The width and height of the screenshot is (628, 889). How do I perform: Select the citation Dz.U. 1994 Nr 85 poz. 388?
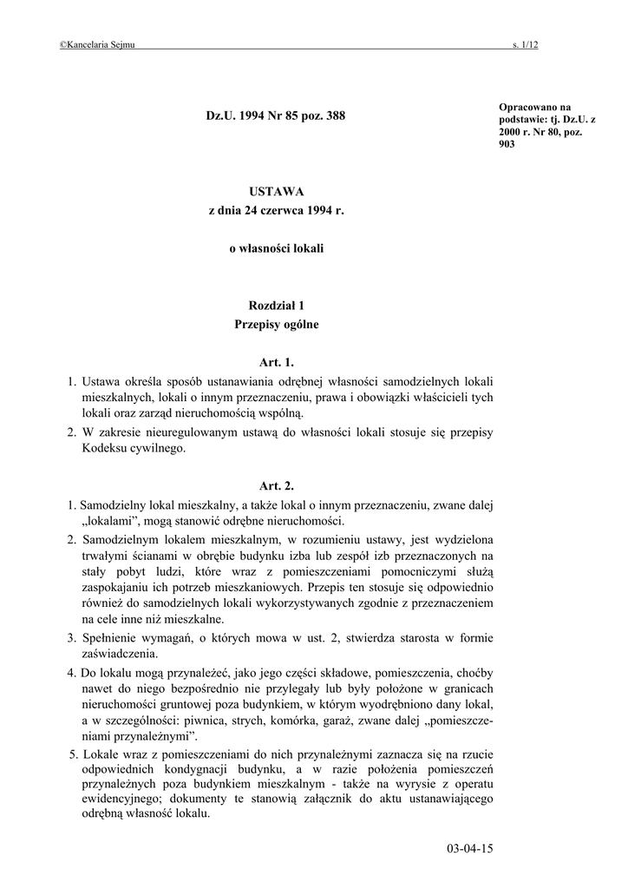pyautogui.click(x=276, y=115)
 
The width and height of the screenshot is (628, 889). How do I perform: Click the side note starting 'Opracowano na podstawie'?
pyautogui.click(x=541, y=126)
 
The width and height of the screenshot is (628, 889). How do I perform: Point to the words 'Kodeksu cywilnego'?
pyautogui.click(x=133, y=449)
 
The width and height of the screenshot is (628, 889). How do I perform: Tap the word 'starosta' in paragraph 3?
pyautogui.click(x=428, y=637)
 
